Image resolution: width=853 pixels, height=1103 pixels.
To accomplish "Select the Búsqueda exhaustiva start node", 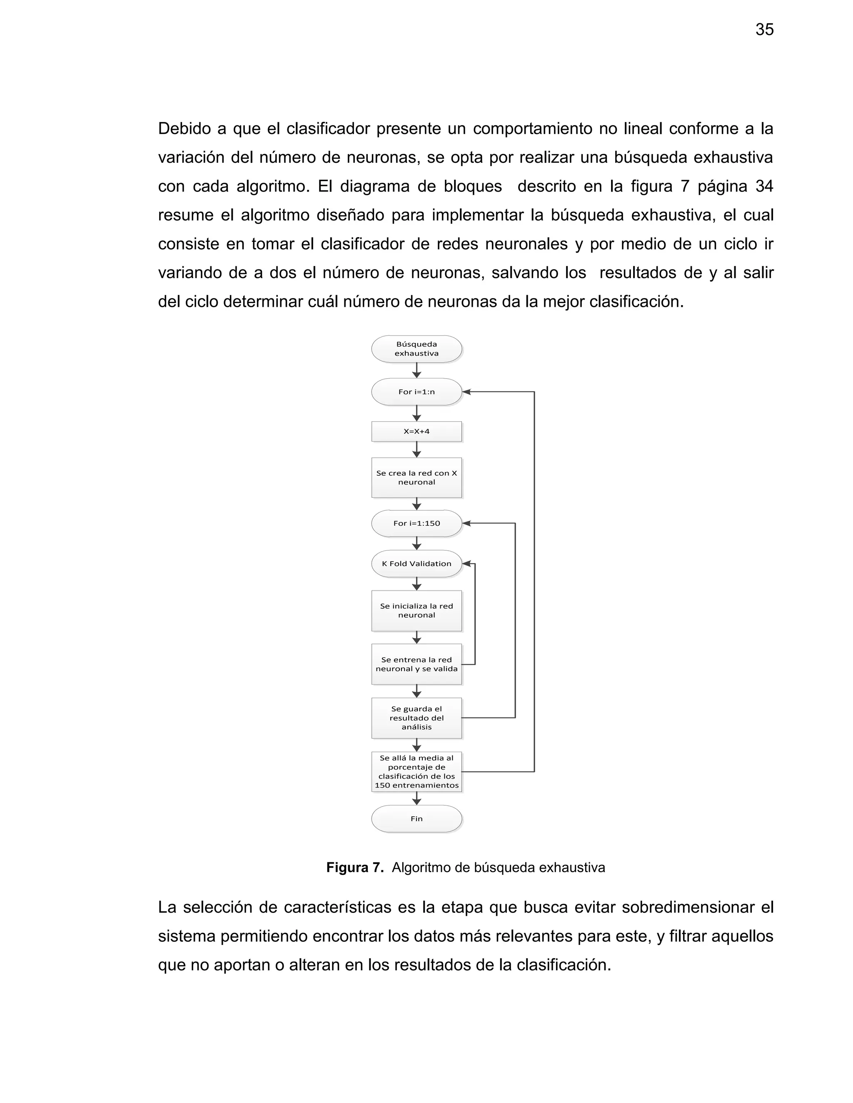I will tap(417, 348).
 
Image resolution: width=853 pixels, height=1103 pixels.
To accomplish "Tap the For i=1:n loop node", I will tap(417, 391).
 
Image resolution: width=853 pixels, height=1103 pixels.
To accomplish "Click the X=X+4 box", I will tap(417, 431).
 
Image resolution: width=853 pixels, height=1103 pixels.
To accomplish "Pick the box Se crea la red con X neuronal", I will tap(417, 477).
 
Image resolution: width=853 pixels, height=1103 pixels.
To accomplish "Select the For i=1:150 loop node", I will tap(417, 523).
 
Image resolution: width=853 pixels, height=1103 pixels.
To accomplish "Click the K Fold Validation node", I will tap(417, 564).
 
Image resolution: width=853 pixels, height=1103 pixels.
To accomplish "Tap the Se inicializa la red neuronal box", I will tap(417, 611).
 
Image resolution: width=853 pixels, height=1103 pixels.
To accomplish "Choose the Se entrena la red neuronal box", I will tap(417, 664).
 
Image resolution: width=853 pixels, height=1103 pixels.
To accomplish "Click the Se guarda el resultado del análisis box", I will tap(417, 718).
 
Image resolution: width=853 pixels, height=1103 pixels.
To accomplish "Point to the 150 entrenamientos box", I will tap(417, 771).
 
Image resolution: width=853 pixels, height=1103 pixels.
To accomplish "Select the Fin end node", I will tap(417, 819).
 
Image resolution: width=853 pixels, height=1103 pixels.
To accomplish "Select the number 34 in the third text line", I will tap(763, 186).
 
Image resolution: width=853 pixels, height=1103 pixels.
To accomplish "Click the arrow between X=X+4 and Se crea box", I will tap(417, 450).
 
